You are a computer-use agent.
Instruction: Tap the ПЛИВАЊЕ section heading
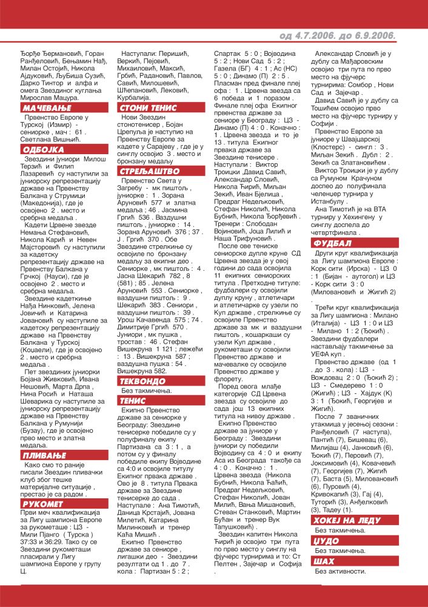click(44, 438)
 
